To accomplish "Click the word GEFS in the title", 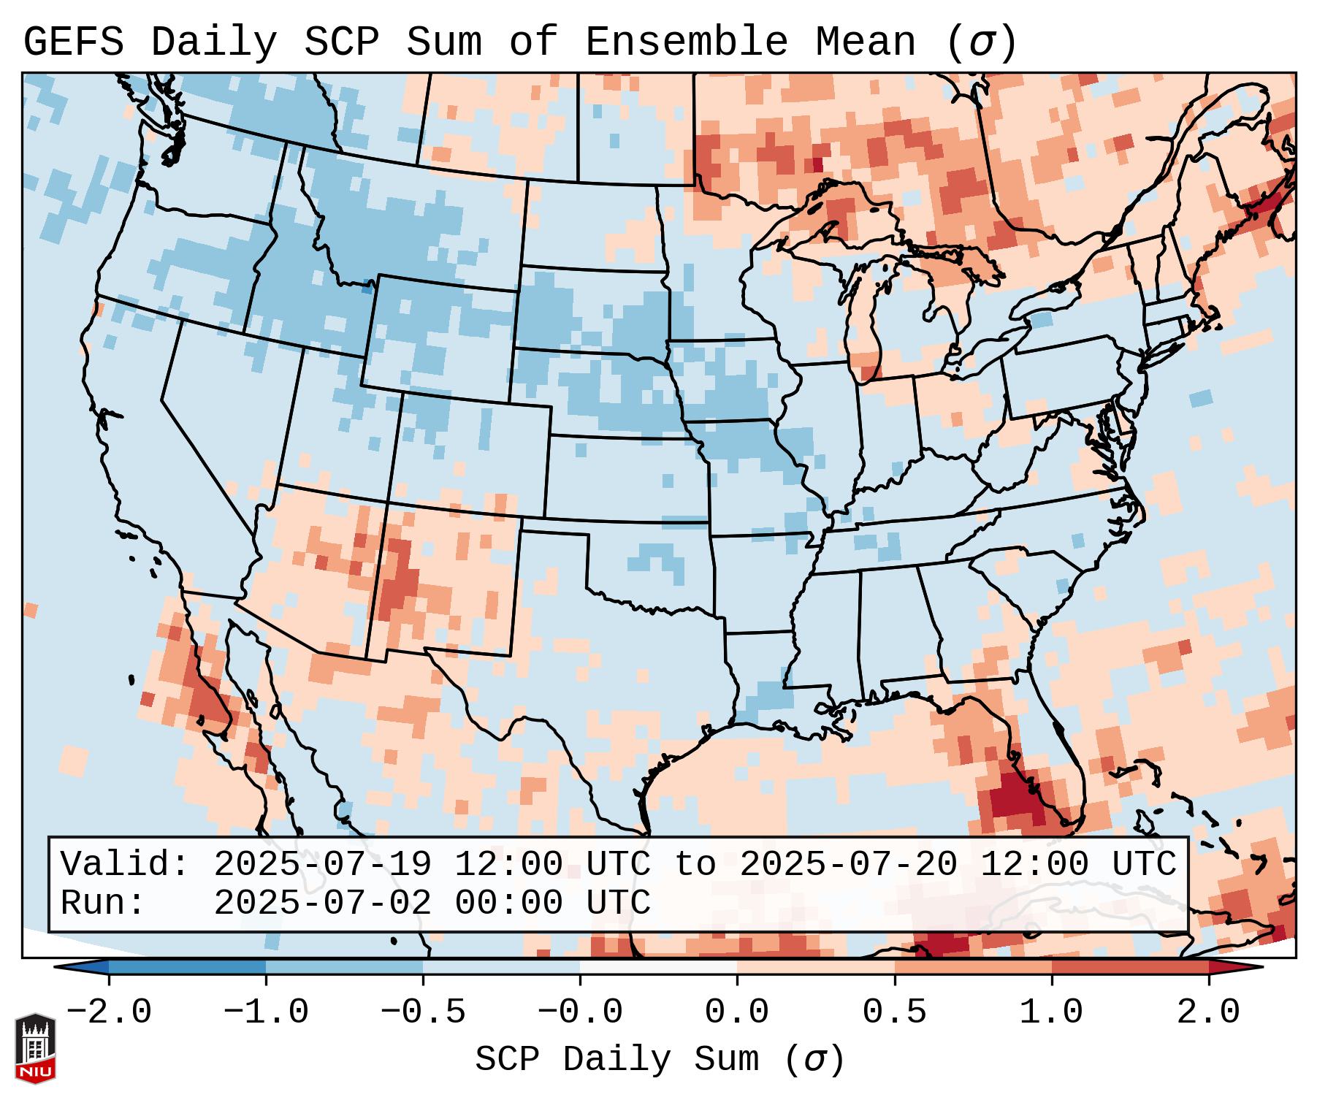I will point(73,42).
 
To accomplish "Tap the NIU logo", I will point(35,1048).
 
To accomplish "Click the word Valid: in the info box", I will point(125,865).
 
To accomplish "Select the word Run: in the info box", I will point(103,904).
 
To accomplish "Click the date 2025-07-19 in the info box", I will point(322,865).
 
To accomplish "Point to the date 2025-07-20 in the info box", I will point(848,865).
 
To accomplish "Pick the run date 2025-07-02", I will point(322,904).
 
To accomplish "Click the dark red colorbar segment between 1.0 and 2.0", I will point(1130,967).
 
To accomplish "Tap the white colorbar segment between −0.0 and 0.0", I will point(659,967).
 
